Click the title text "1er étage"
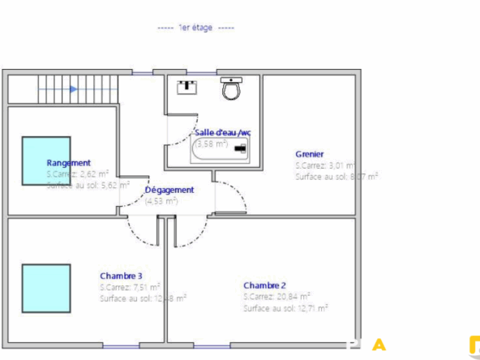195,28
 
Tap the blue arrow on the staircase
74,89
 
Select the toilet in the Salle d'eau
233,88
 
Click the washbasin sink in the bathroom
188,85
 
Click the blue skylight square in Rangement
45,161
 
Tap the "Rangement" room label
68,162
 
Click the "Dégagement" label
169,190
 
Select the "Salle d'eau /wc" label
222,131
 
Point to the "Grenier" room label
310,153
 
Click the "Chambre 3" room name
121,275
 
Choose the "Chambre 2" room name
264,285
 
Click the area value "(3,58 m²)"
211,144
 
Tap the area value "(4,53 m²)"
161,200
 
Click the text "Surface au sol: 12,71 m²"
285,308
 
